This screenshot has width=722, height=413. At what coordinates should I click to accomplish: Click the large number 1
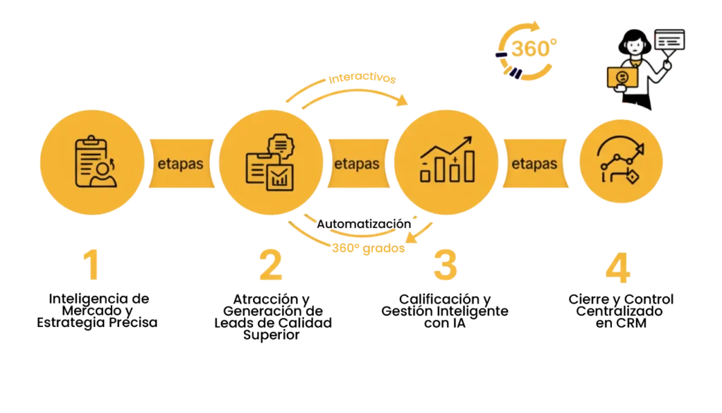point(92,265)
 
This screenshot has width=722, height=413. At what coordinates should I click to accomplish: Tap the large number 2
point(271,265)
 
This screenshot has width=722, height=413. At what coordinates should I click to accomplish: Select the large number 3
point(446,265)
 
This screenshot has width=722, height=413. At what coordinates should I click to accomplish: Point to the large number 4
point(618,267)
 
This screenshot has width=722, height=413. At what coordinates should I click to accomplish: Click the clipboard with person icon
point(95,162)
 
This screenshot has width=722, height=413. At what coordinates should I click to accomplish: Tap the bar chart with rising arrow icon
point(446,160)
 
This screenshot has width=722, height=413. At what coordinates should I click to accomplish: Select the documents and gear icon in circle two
point(270,162)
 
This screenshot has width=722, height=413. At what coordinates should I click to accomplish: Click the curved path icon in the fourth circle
point(620,160)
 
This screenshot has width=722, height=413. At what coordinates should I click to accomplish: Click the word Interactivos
point(362,78)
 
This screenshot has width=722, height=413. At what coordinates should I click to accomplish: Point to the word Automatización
point(364,224)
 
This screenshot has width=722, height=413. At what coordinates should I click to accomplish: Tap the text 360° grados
point(368,248)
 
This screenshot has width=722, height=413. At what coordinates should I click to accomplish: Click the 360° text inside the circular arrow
point(534,49)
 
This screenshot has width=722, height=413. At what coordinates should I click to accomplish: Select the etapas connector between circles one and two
point(181,164)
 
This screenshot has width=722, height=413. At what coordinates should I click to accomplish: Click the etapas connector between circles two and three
point(358,164)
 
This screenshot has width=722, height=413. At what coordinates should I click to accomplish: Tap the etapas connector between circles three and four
point(535,164)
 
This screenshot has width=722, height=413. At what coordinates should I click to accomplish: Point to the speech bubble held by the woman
point(670,41)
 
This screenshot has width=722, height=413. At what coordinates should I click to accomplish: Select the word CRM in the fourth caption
point(630,323)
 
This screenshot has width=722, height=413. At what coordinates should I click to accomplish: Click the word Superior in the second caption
point(271,335)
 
